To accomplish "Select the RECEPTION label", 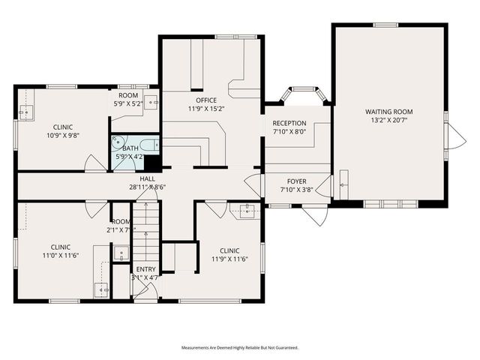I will point(289,123).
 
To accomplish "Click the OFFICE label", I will point(206,100).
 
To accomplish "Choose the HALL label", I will point(147,179).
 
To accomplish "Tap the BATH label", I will point(130,148).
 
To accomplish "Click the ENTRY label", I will point(145,269).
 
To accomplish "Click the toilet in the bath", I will point(118,141).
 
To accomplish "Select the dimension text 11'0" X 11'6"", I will point(61,255).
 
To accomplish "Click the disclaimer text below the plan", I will point(239,348).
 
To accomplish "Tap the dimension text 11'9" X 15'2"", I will point(206,108).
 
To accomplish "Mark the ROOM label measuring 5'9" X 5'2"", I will point(127,95).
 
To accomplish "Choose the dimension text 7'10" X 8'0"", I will point(289,131).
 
